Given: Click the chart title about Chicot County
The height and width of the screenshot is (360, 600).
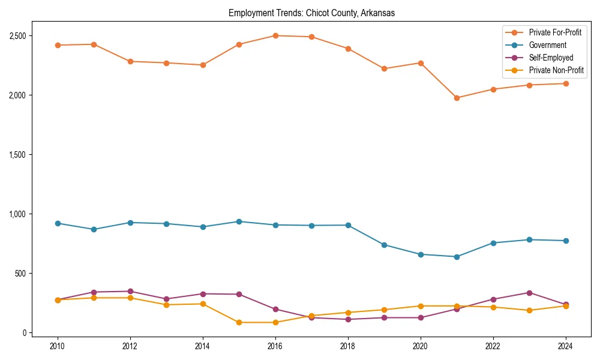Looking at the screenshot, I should pyautogui.click(x=311, y=13).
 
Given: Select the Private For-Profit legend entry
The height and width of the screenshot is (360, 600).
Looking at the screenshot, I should pyautogui.click(x=555, y=32).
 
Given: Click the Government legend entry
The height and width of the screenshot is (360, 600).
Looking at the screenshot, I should pyautogui.click(x=547, y=45).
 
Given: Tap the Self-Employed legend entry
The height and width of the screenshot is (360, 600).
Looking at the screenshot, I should pyautogui.click(x=551, y=58).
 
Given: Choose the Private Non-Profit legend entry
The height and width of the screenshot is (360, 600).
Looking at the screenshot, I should pyautogui.click(x=556, y=70).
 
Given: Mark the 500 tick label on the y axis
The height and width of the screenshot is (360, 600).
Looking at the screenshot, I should pyautogui.click(x=21, y=274).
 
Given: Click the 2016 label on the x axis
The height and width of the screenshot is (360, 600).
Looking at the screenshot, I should pyautogui.click(x=275, y=346).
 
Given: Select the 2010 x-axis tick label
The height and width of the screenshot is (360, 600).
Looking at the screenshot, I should pyautogui.click(x=58, y=346).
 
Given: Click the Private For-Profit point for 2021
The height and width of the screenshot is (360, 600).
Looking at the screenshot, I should pyautogui.click(x=457, y=98).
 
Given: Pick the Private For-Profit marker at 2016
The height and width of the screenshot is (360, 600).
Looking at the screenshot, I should pyautogui.click(x=275, y=35).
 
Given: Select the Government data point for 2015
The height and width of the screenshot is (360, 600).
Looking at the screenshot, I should pyautogui.click(x=239, y=221).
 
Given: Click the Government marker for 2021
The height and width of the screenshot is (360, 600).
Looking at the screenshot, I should pyautogui.click(x=457, y=257).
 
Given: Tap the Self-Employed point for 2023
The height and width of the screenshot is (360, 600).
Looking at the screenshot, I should pyautogui.click(x=529, y=293).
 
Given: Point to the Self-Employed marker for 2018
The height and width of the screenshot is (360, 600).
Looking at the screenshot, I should pyautogui.click(x=348, y=319).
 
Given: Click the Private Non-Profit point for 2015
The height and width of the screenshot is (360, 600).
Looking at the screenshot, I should pyautogui.click(x=239, y=322).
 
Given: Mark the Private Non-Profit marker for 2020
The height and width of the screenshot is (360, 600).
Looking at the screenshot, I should pyautogui.click(x=421, y=306).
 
